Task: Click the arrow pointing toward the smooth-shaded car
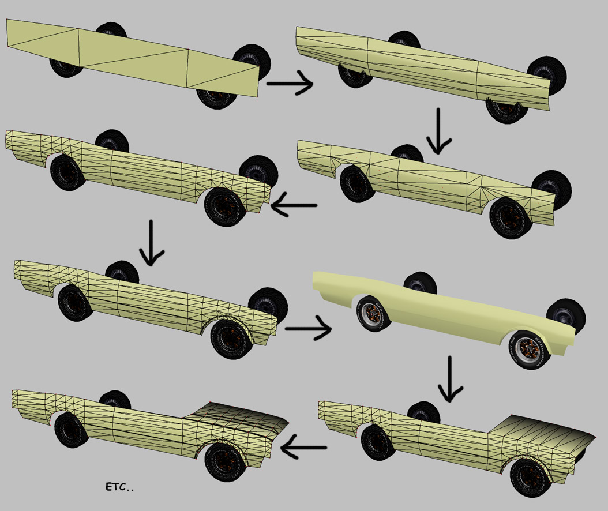(308, 329)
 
